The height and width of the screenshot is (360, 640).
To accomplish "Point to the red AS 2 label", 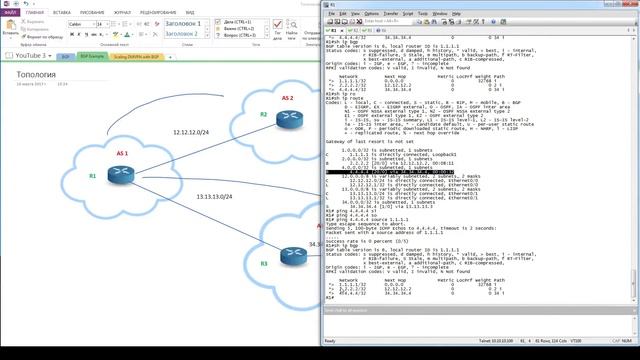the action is tap(287, 98).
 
